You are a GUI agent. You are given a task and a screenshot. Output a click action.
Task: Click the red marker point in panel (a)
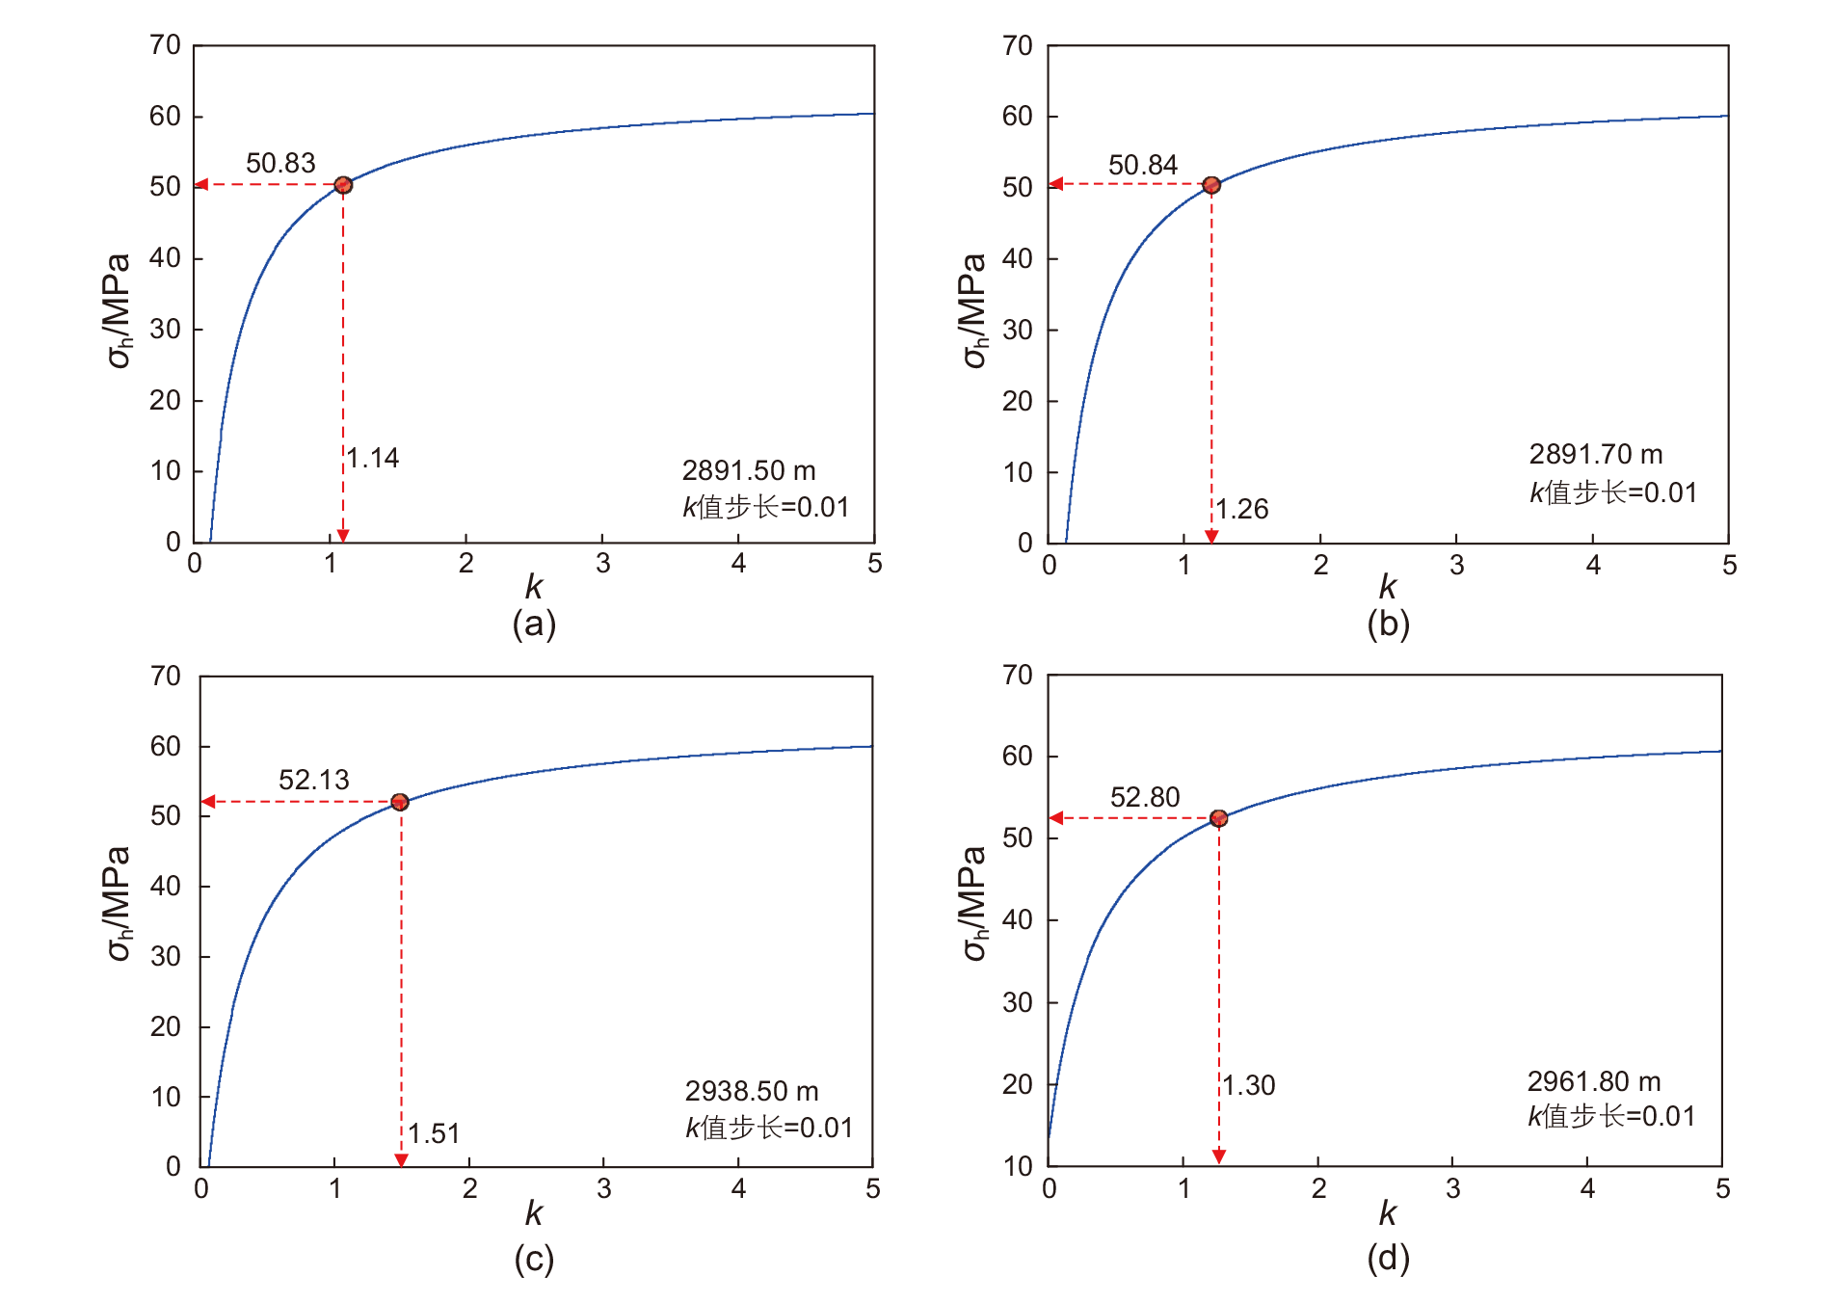click(x=343, y=185)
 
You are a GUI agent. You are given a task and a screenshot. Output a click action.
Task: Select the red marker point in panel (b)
click(x=1211, y=185)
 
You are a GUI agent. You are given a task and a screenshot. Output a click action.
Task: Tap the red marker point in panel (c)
click(x=400, y=802)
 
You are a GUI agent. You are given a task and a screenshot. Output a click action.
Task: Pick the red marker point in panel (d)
click(x=1219, y=818)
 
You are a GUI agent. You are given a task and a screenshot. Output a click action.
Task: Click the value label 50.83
click(x=280, y=163)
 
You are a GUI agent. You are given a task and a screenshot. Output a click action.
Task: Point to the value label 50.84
click(x=1143, y=165)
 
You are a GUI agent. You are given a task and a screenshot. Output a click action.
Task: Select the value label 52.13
click(x=314, y=780)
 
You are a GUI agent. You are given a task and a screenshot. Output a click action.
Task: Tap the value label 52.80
click(x=1145, y=797)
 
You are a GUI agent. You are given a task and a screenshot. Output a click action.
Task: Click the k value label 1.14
click(x=373, y=458)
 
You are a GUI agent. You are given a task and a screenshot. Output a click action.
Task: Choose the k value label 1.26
click(x=1242, y=509)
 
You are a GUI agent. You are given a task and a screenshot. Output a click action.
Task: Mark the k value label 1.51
click(x=434, y=1133)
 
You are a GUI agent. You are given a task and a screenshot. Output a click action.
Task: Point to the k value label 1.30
click(x=1249, y=1085)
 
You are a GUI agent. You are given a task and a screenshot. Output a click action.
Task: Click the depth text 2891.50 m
click(x=749, y=470)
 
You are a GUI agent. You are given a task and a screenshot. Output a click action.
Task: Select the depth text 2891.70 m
click(x=1596, y=454)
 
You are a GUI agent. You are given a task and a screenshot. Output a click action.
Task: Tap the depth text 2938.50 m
click(x=752, y=1091)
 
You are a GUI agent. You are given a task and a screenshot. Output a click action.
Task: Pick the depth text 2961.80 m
click(x=1594, y=1081)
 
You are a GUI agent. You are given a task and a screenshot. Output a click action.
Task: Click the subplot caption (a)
click(x=534, y=624)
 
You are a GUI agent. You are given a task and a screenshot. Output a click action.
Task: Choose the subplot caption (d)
click(x=1388, y=1258)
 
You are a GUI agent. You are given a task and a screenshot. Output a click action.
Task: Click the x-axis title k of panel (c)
click(x=534, y=1212)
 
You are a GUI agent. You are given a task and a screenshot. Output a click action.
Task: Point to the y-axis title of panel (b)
click(x=974, y=310)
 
